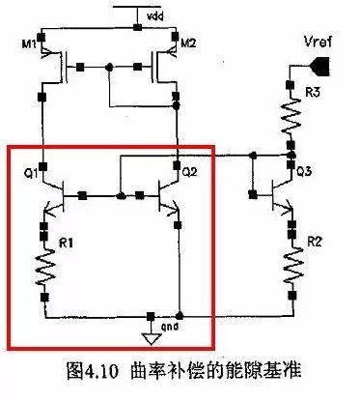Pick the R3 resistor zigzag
(289, 115)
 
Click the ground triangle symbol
(150, 337)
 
